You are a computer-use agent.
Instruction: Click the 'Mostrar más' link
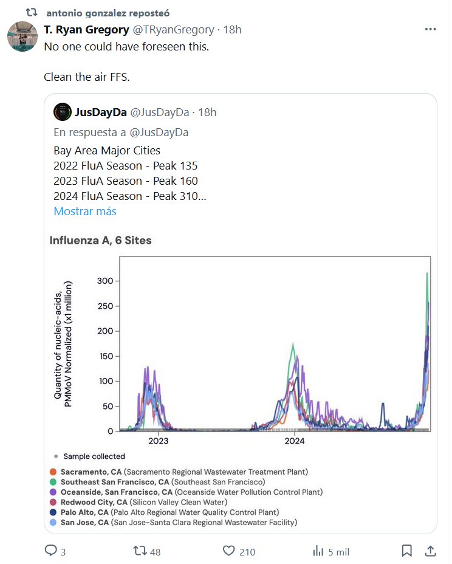click(85, 211)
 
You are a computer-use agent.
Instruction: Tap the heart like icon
click(228, 551)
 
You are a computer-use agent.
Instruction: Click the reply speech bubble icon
click(51, 551)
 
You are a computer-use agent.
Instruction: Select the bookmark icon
click(406, 551)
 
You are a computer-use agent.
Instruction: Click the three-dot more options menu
click(430, 29)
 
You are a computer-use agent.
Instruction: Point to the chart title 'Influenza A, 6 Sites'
click(100, 241)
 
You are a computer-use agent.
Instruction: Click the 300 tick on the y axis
click(105, 281)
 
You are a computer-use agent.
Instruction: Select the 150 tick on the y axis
click(105, 356)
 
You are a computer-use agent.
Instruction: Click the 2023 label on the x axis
click(158, 441)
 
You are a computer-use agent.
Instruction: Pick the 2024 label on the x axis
click(295, 441)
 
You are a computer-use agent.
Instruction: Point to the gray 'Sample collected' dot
click(55, 456)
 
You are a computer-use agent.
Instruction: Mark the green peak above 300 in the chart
click(428, 275)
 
